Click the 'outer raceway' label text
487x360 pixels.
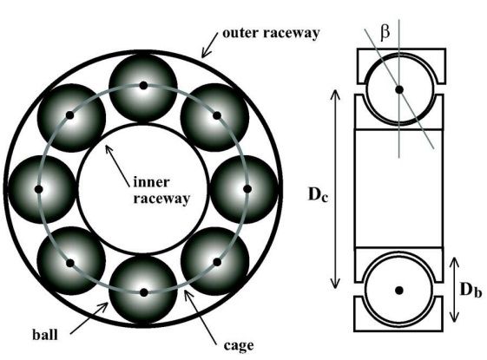271,33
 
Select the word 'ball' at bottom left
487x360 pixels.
45,335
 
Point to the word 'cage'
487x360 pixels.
239,345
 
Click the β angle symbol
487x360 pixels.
385,33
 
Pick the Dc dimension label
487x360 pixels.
318,194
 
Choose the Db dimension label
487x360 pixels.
471,290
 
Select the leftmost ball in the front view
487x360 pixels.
39,189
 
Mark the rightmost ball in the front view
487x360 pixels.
247,189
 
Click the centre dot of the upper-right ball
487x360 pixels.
217,115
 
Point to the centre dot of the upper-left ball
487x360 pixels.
70,115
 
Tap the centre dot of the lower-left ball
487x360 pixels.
70,263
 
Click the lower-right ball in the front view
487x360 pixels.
216,261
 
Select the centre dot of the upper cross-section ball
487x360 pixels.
399,89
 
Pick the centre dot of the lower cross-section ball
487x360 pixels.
399,291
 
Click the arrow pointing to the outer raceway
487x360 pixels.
210,46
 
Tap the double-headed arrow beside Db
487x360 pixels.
454,290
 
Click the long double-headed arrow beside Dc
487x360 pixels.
335,189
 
